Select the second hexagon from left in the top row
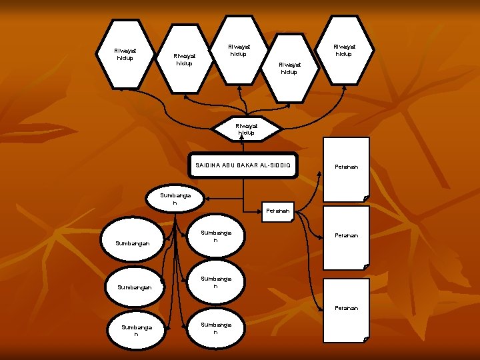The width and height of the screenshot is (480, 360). [184, 61]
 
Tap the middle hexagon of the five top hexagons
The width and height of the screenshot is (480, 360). [239, 50]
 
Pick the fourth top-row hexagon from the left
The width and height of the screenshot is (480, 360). [289, 68]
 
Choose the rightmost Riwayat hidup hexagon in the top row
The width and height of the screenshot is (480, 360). [344, 50]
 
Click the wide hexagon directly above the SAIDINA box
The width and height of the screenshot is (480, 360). [245, 129]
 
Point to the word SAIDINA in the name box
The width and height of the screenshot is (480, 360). [208, 165]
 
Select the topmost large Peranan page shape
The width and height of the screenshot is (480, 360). [346, 168]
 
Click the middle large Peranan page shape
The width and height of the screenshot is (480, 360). [346, 237]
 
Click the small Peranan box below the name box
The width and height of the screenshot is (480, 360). [277, 211]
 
